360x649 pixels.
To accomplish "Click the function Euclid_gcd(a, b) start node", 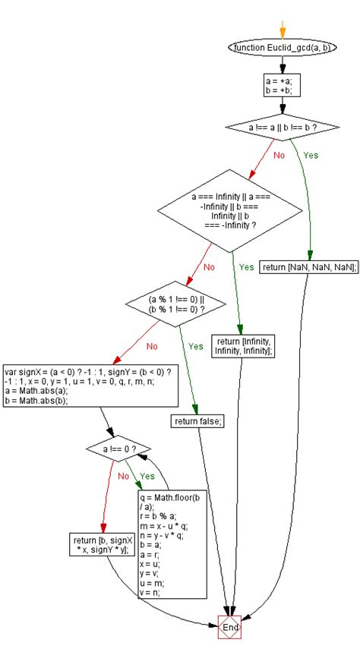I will point(282,48).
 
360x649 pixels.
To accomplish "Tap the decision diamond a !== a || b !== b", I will point(282,128).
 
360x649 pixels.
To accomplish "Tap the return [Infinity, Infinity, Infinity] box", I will point(244,345).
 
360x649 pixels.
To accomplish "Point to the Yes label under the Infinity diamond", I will point(247,266).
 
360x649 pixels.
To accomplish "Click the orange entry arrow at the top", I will point(282,30).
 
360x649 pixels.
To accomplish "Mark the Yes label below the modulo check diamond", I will point(195,345).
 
